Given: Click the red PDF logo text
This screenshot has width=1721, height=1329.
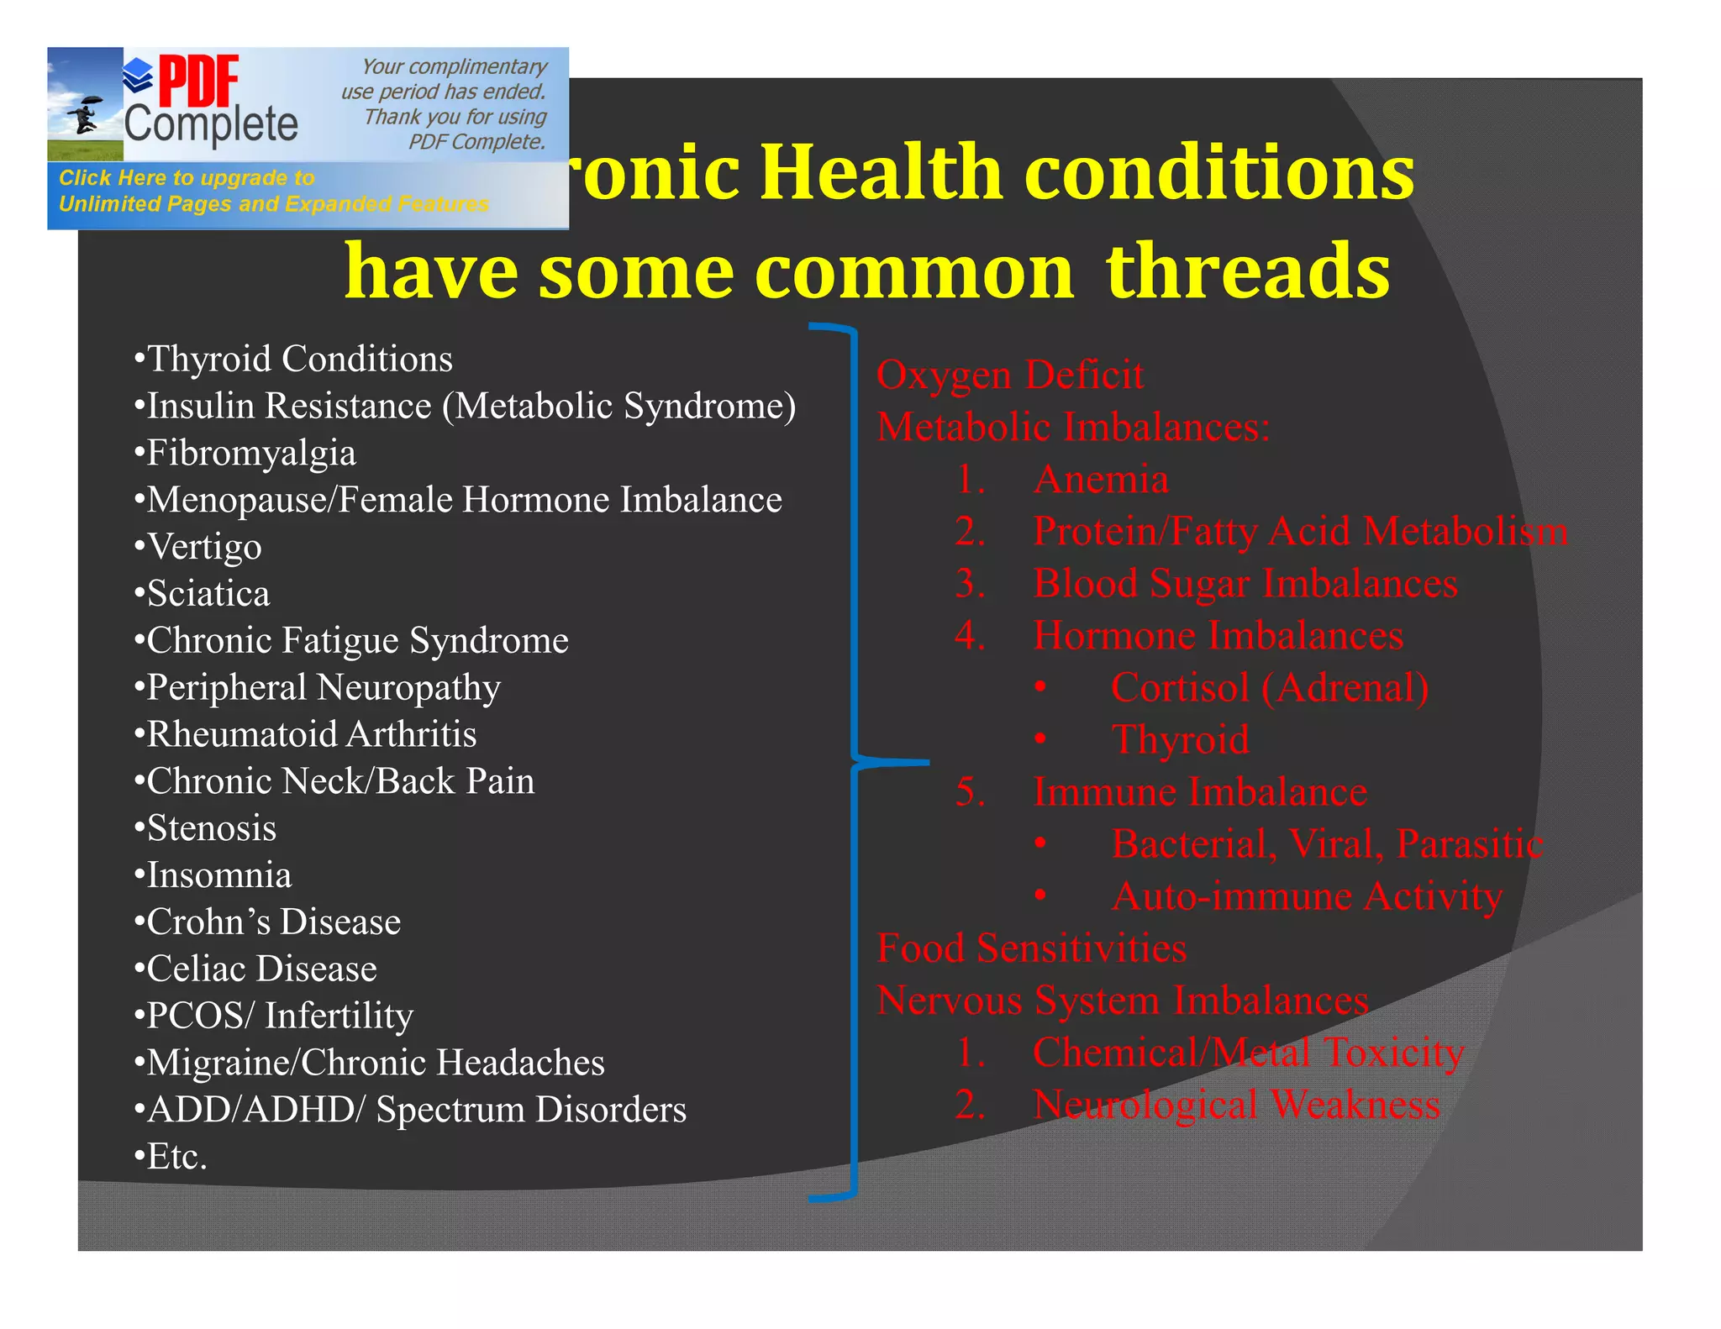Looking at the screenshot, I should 198,81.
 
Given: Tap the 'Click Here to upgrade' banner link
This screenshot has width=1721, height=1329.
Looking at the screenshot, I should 187,178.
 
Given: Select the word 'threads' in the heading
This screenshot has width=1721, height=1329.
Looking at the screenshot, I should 1248,271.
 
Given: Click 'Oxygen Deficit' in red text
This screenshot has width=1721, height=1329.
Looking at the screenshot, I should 1009,375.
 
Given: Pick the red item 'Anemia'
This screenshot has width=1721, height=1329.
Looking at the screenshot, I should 1101,480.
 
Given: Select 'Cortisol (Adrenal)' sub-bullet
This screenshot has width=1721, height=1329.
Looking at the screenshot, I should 1269,688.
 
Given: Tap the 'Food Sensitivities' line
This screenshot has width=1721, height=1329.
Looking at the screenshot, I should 1031,948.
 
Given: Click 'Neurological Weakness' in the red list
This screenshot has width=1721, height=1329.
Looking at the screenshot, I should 1236,1105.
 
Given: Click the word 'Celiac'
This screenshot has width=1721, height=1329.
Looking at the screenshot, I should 199,969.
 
